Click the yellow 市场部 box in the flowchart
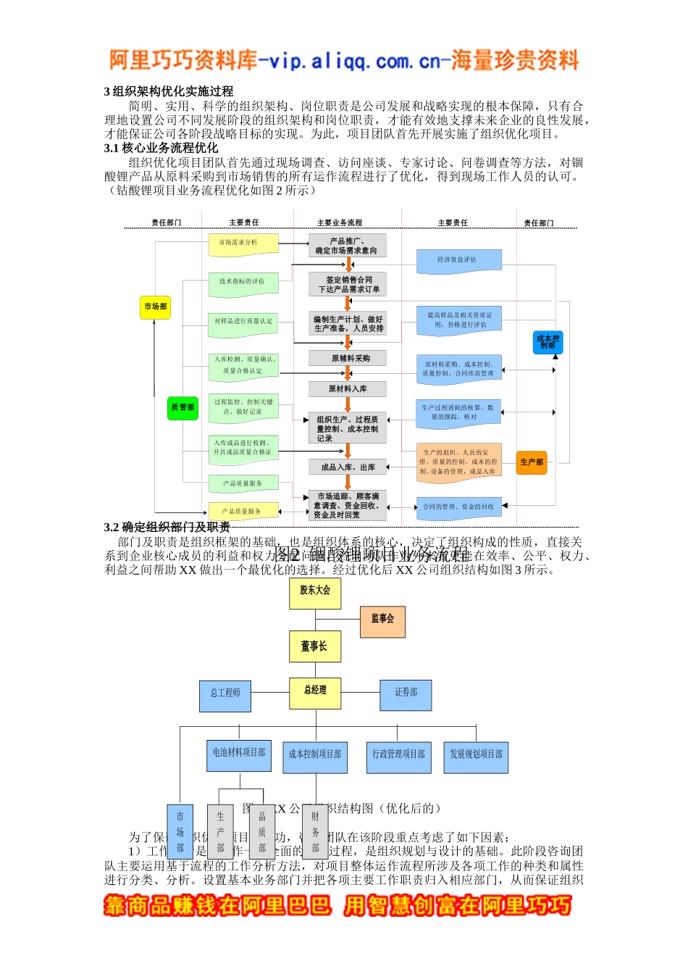coord(155,307)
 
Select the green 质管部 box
coord(183,408)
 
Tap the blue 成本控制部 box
coord(548,342)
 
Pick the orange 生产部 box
coord(532,462)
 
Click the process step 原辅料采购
coord(348,358)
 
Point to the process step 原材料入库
coord(348,389)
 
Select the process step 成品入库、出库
coord(348,467)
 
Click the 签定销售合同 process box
coord(348,284)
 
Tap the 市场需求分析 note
coord(243,243)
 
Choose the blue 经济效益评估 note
coord(458,260)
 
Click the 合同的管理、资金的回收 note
coord(458,507)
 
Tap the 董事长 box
coord(314,646)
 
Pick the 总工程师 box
coord(225,695)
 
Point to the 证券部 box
coord(406,694)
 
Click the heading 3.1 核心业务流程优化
coord(161,148)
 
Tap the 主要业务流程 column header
coord(340,222)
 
